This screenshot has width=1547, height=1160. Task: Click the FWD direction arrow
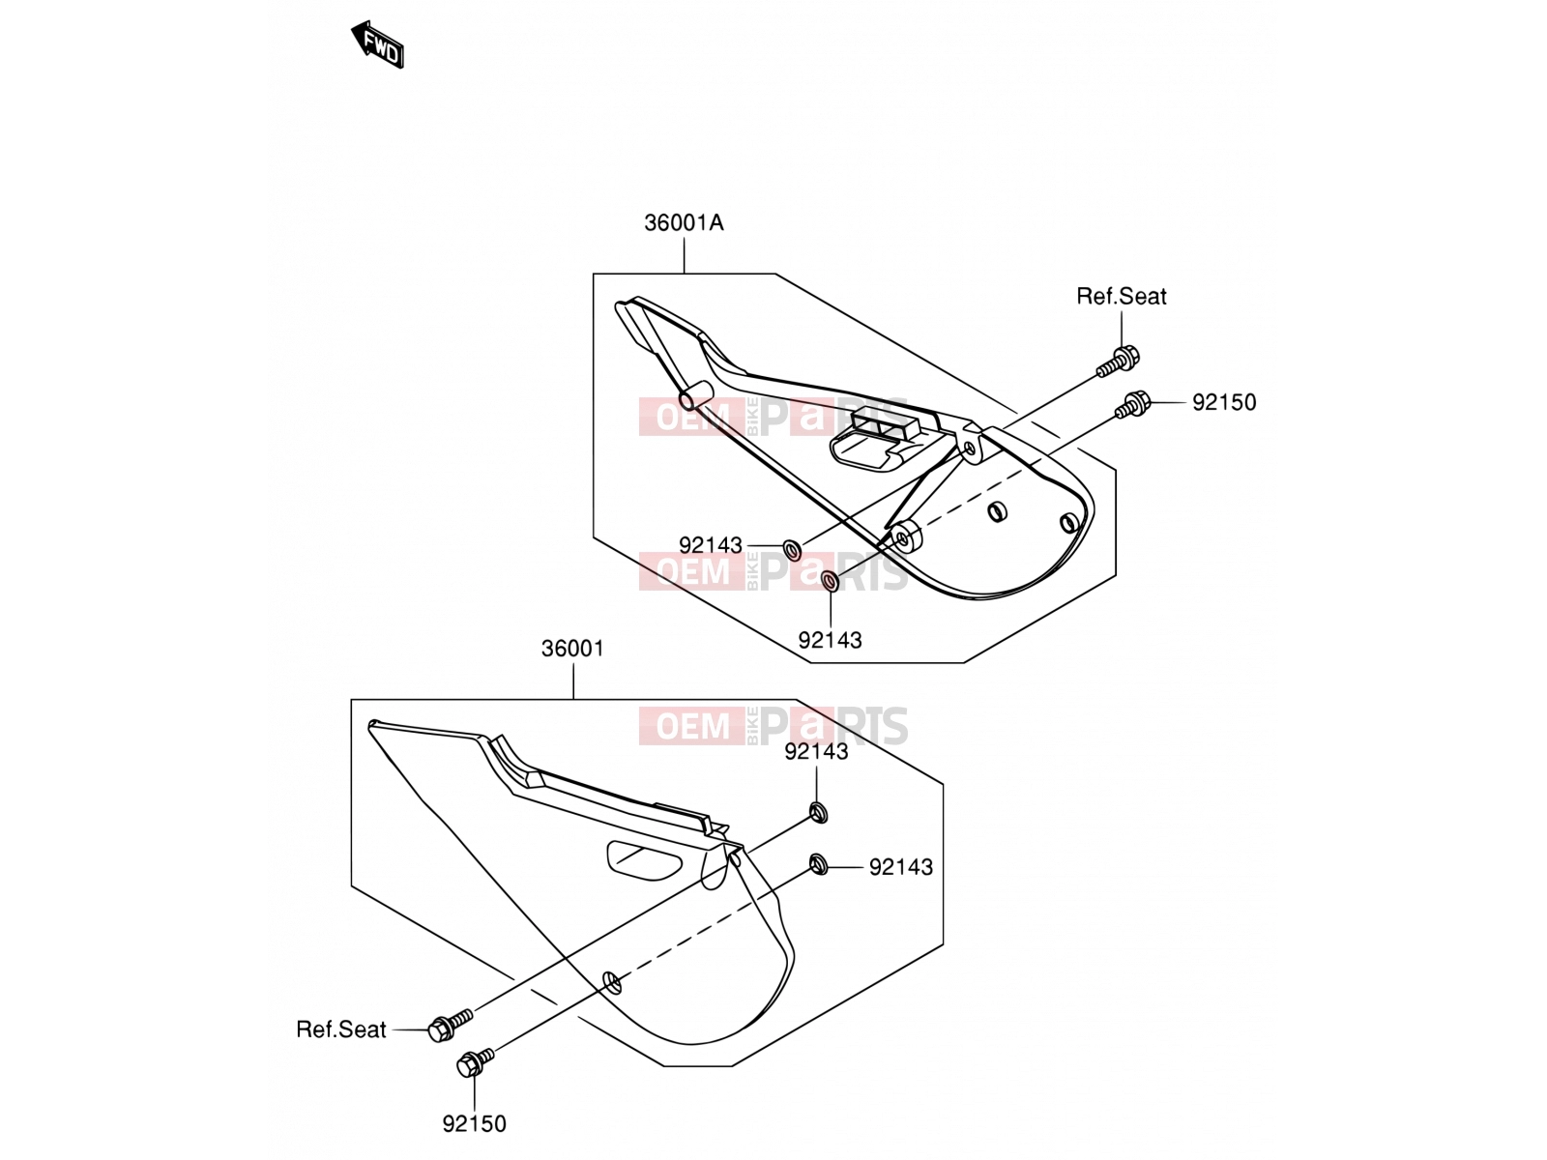coord(378,44)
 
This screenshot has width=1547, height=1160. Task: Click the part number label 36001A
coord(684,222)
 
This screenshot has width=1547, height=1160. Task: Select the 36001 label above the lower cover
coord(572,648)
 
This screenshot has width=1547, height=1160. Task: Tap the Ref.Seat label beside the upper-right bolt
coord(1121,296)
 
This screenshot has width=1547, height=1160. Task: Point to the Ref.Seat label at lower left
coord(341,1029)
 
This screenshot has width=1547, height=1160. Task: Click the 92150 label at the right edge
coord(1224,402)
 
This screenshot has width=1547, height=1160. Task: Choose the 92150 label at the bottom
coord(475,1123)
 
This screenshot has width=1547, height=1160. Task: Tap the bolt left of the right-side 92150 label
coord(1132,405)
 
